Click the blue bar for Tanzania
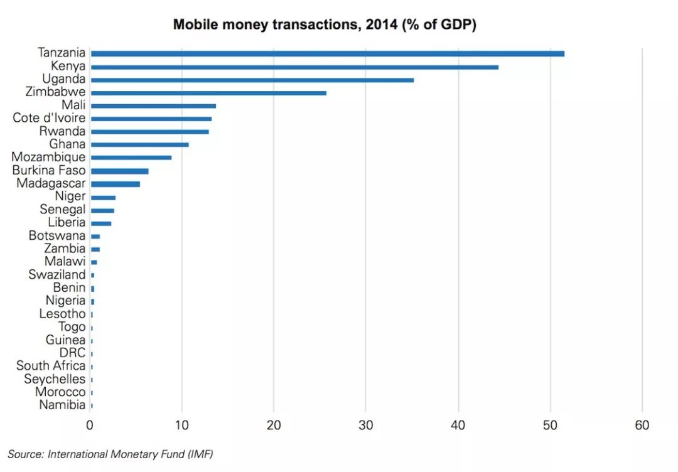327,53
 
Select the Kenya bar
294,67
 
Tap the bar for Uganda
252,80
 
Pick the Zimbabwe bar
208,93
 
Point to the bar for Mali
153,106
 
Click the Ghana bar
139,145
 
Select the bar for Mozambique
131,158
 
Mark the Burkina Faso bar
119,171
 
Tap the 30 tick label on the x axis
366,426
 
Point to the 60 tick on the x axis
642,426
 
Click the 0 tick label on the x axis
90,426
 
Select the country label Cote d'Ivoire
49,119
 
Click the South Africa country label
51,366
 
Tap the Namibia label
62,405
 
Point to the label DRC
72,353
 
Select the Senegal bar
102,210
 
